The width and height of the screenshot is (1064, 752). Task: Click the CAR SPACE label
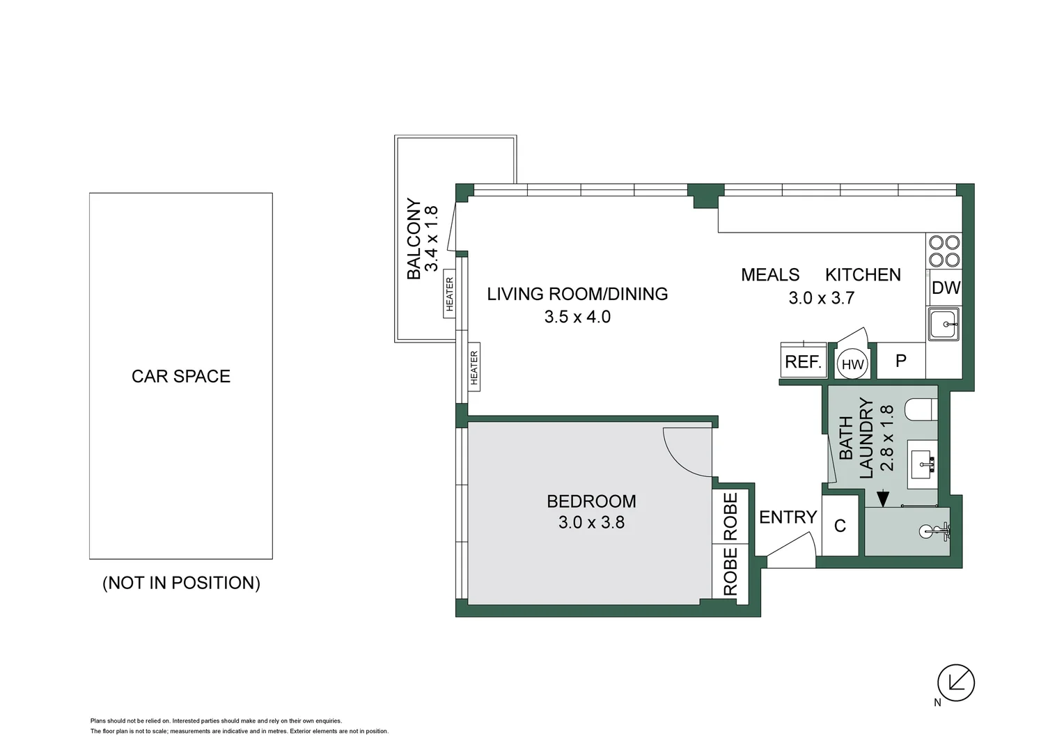click(181, 376)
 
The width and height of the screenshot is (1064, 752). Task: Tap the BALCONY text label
click(414, 239)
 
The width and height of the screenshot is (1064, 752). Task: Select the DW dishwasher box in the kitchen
click(946, 288)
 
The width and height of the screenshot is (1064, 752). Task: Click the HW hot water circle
click(852, 364)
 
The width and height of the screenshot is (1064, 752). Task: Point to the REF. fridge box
click(804, 361)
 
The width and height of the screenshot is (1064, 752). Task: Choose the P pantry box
click(900, 361)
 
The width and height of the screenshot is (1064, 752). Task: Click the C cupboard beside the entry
click(840, 526)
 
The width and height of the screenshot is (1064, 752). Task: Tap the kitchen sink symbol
click(944, 324)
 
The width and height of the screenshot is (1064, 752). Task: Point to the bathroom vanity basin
click(922, 464)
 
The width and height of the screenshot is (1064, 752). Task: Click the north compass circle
click(956, 682)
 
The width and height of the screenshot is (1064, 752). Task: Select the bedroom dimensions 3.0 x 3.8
click(591, 522)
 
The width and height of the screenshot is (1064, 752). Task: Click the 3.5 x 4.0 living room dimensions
click(577, 317)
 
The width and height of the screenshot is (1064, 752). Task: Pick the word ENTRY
click(788, 517)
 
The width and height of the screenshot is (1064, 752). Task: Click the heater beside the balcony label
click(449, 294)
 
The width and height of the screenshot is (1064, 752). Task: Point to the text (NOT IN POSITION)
click(182, 583)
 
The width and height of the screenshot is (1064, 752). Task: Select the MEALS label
click(770, 274)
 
